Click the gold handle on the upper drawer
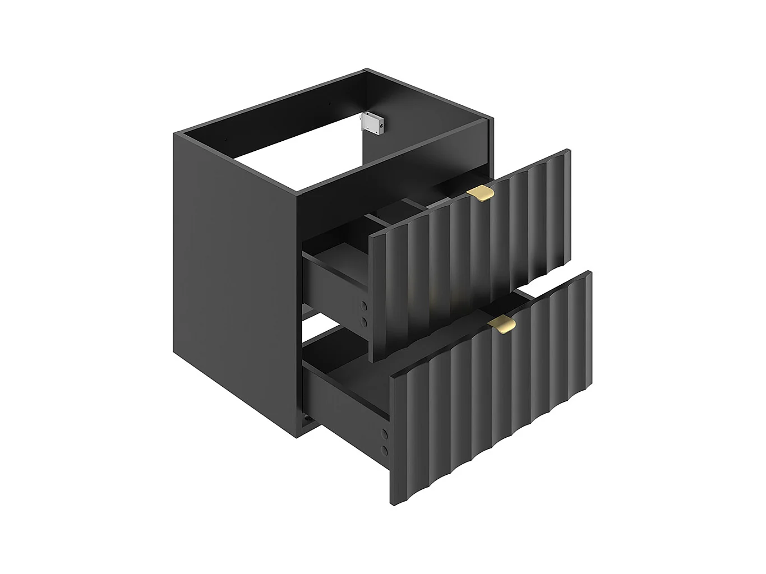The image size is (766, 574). (481, 193)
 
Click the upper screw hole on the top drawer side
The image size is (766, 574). (364, 306)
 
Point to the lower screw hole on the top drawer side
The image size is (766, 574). (364, 321)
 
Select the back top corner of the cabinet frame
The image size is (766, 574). (366, 70)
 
